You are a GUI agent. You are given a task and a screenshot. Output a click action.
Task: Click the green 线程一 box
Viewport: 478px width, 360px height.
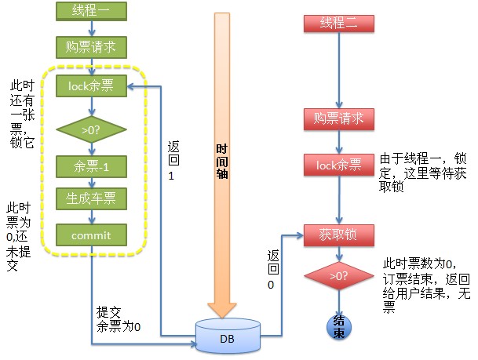(x=91, y=11)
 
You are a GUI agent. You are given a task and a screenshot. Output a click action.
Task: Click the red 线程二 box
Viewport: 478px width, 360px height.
(x=338, y=23)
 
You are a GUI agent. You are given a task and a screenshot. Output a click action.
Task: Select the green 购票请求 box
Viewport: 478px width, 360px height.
(x=91, y=46)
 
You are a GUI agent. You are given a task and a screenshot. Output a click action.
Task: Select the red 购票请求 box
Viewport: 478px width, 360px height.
(x=338, y=119)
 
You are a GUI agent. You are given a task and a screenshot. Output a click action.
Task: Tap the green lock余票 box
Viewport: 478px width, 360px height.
(x=91, y=86)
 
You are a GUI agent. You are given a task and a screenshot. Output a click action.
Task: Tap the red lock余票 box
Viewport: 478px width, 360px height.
(x=338, y=165)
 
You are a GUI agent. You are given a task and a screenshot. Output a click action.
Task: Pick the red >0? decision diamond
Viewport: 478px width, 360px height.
(x=338, y=276)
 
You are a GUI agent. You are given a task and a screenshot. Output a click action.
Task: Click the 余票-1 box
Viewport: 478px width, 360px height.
(x=91, y=166)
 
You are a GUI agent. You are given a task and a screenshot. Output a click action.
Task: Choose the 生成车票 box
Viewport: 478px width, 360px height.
(x=91, y=199)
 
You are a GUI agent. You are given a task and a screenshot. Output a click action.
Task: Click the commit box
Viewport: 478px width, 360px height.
(x=91, y=235)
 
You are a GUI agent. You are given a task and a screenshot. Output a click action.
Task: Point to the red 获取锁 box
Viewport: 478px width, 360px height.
(x=338, y=234)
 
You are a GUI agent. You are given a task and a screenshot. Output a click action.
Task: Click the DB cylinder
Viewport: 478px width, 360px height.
(x=228, y=337)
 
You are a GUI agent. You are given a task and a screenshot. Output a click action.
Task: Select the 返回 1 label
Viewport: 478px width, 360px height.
(x=173, y=162)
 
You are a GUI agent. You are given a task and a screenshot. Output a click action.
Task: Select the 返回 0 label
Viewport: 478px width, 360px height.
(x=272, y=270)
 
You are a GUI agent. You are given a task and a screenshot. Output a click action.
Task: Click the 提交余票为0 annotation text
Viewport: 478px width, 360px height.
(x=118, y=319)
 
